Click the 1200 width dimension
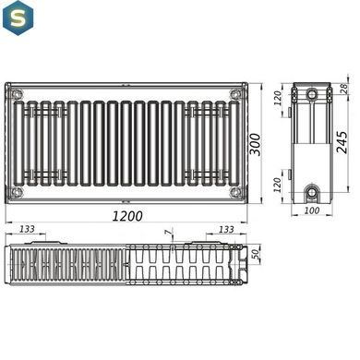127,216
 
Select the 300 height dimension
255,144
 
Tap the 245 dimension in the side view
342,142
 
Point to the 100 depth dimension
312,210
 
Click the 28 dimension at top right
344,89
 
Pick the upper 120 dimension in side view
278,98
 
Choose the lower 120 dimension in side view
278,185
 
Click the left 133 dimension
27,229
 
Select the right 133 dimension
226,229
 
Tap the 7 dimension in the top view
168,233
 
